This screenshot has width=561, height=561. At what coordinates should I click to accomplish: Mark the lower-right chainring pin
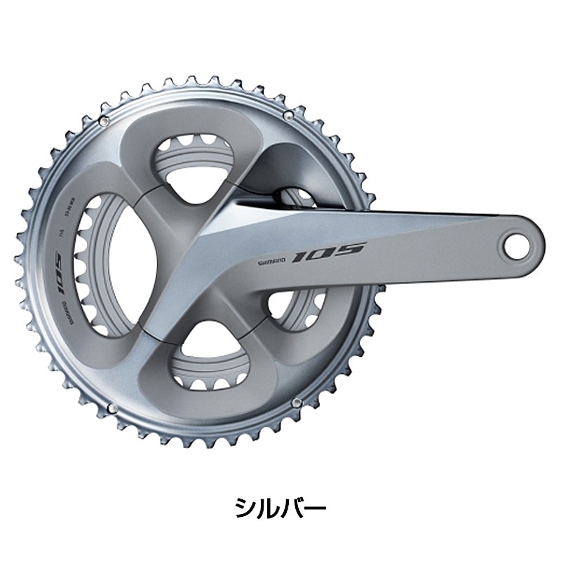point(297,402)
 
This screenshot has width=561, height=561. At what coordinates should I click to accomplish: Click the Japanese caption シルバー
point(280,506)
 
